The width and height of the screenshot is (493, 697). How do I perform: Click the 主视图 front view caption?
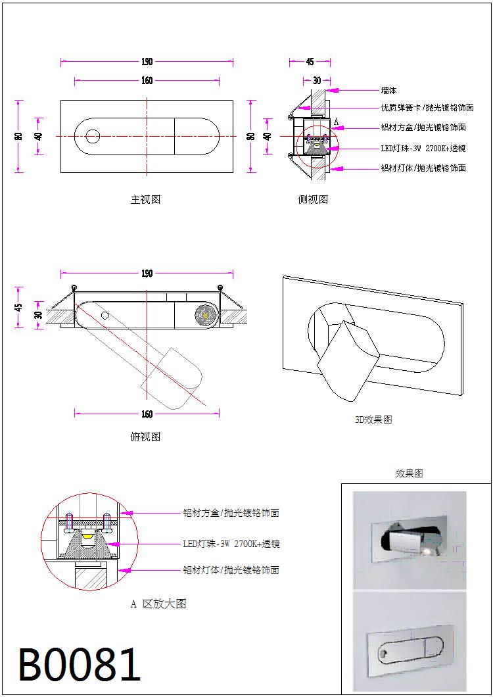[145, 199]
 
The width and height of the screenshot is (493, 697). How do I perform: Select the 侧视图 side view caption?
[312, 199]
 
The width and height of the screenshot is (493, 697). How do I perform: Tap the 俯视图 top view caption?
[145, 437]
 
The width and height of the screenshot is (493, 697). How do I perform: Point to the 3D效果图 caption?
[373, 420]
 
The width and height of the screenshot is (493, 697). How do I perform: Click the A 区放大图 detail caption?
[158, 604]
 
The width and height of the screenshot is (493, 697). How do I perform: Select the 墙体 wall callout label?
[388, 90]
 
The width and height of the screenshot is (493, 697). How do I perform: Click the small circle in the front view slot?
[93, 136]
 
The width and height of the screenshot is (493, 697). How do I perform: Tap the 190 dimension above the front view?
[147, 62]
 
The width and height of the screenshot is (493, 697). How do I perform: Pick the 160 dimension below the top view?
[147, 414]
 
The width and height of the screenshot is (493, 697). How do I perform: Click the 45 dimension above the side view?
[310, 62]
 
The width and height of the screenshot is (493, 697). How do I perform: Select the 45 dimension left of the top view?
[19, 306]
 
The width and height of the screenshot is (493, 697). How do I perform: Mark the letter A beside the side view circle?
[336, 122]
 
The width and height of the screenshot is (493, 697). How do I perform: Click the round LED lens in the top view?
[205, 316]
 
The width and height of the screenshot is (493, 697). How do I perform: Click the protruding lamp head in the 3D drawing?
[347, 360]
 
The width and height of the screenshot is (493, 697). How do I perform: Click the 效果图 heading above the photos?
[409, 473]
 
